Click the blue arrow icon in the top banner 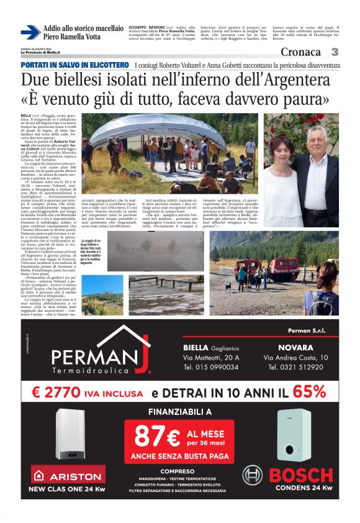pyautogui.click(x=30, y=32)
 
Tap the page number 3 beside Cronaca pyautogui.click(x=335, y=52)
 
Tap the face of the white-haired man pyautogui.click(x=315, y=140)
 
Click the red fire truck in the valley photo pyautogui.click(x=284, y=268)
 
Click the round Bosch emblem pyautogui.click(x=254, y=477)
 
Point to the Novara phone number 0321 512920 pyautogui.click(x=295, y=367)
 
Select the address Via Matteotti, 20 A pyautogui.click(x=211, y=358)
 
